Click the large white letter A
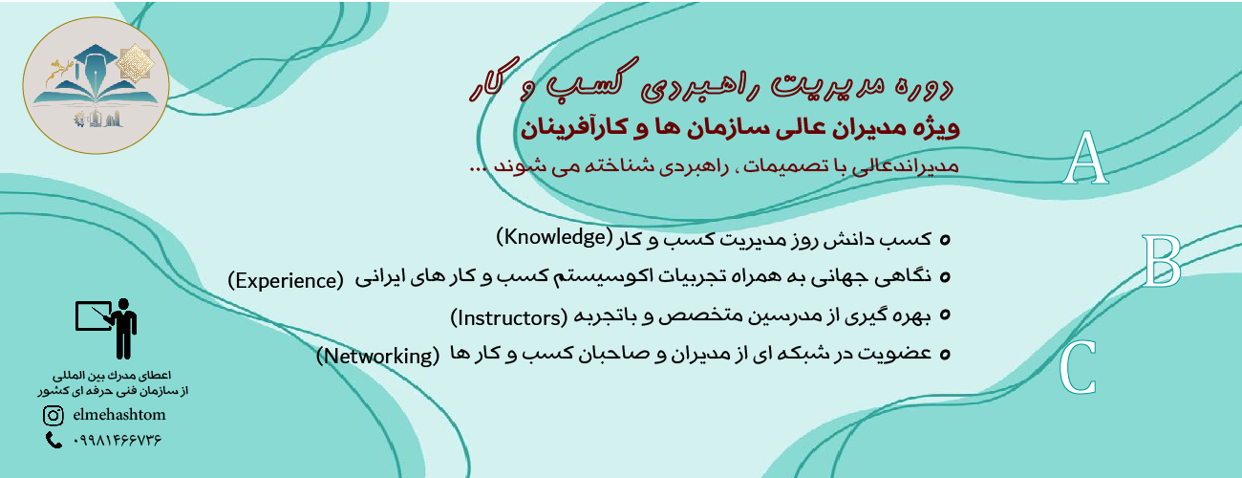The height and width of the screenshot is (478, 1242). coord(1085,158)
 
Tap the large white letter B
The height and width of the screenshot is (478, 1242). coord(1161,261)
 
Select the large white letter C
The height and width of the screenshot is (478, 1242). coord(1078,366)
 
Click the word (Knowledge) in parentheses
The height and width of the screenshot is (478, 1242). coord(554,237)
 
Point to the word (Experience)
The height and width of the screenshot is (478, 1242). coord(286,281)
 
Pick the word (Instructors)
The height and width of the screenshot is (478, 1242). coord(508,317)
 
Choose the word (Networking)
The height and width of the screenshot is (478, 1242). coord(377,356)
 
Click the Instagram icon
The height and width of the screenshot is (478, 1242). coord(54,415)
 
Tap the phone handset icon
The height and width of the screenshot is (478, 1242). coord(54,441)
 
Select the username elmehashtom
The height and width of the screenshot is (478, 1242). coord(119,415)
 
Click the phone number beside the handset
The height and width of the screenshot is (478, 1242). coord(117,441)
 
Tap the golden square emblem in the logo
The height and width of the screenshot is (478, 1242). coord(135,64)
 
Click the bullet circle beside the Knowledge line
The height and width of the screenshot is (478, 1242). coord(945,240)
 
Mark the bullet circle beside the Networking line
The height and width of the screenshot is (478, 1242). coord(945,354)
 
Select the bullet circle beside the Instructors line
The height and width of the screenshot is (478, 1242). coord(945,315)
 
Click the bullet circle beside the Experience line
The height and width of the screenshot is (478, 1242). coord(945,276)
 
